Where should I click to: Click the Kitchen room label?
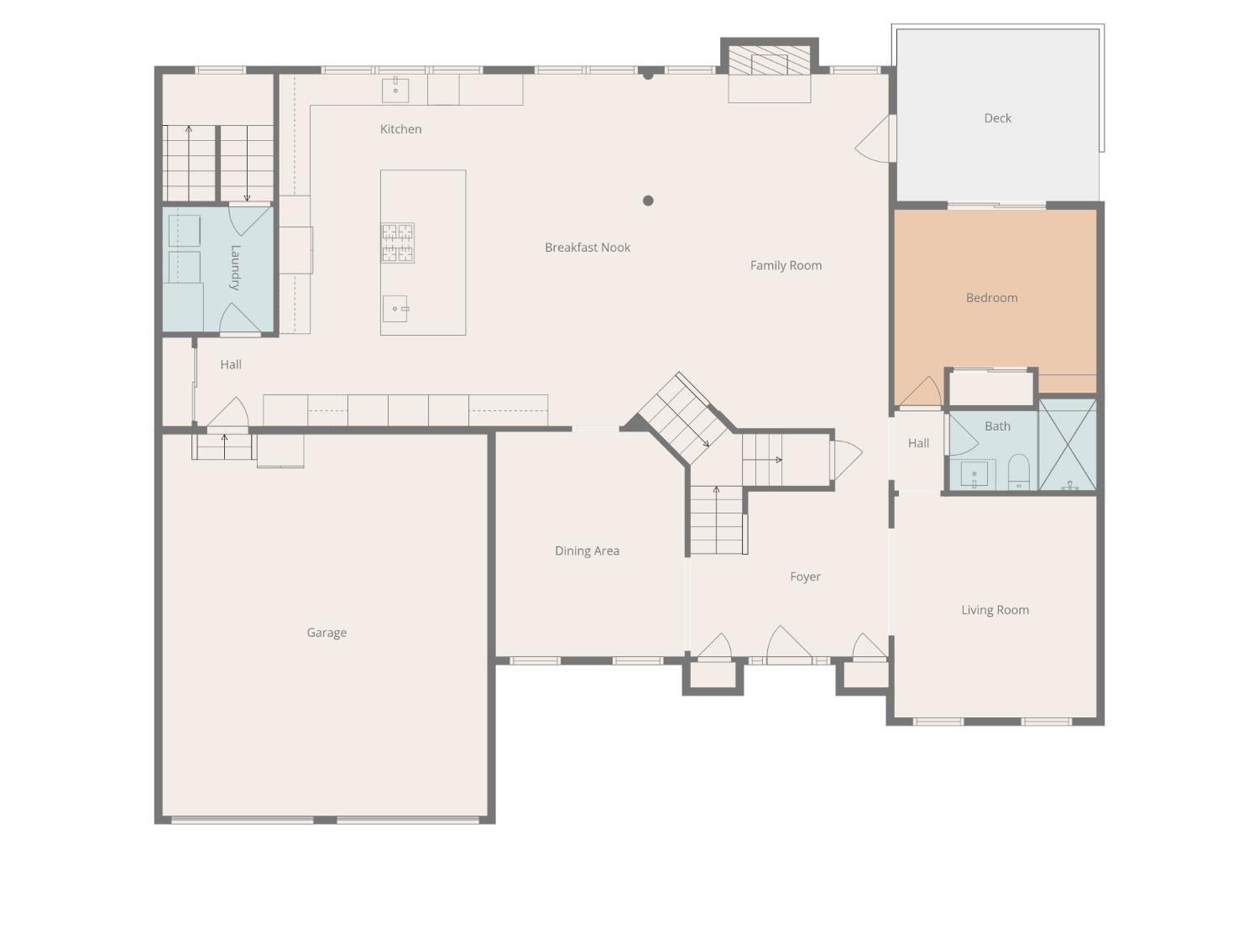point(400,129)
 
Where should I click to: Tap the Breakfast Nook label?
point(587,248)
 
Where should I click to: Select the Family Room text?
point(786,265)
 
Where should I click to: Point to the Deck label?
point(997,118)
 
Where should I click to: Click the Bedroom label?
point(991,298)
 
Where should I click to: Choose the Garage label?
point(327,633)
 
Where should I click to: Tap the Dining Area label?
point(587,551)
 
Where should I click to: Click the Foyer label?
point(805,576)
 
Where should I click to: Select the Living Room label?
point(995,610)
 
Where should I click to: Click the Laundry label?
point(235,267)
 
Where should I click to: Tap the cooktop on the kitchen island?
point(398,243)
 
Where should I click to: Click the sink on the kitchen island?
point(395,309)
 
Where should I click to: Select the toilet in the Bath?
point(1018,472)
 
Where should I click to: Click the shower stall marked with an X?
point(1068,445)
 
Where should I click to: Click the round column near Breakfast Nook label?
point(648,201)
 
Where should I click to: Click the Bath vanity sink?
point(974,474)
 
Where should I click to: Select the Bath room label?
point(997,426)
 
